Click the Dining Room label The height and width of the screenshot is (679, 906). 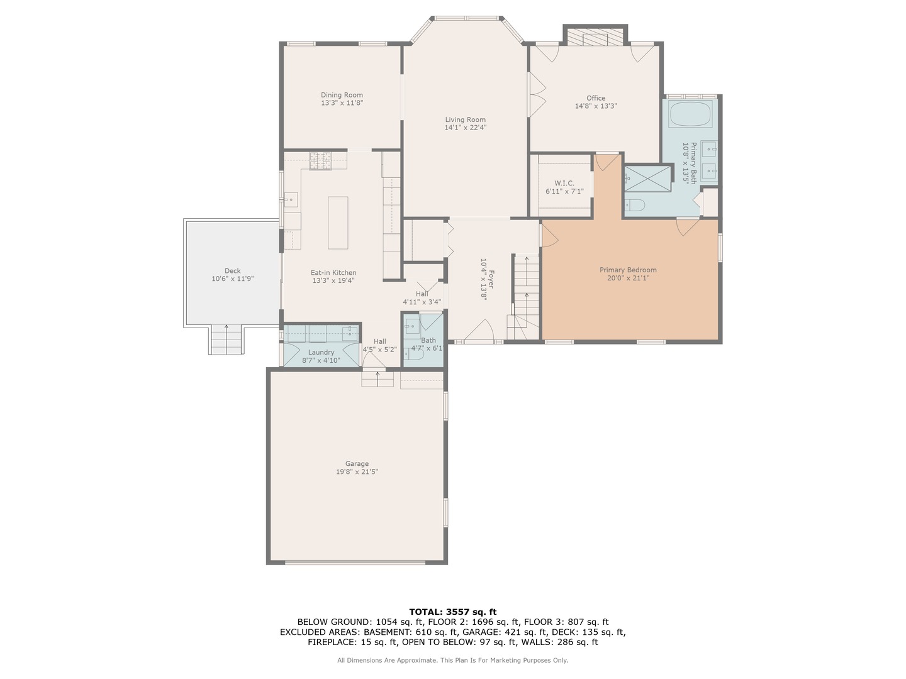[x=342, y=95]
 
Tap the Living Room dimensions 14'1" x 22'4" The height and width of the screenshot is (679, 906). [x=465, y=128]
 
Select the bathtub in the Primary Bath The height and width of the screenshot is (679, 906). [x=690, y=114]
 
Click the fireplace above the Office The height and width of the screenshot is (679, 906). [x=595, y=38]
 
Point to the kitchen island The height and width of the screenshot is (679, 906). [x=338, y=223]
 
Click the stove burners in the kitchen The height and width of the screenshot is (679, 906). [x=320, y=161]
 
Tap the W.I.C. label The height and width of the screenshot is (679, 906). [x=564, y=183]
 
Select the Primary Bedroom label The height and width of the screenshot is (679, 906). [x=627, y=270]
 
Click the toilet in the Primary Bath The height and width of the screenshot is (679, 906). [x=635, y=205]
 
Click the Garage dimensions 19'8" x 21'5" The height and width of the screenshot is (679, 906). [x=357, y=472]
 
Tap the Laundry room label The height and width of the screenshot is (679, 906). [x=321, y=352]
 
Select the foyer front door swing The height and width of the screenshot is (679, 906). [x=480, y=331]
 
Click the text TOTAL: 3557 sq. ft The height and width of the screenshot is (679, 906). [x=452, y=612]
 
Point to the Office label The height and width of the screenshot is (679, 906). [x=595, y=98]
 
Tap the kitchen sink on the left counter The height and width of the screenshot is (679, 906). [x=290, y=200]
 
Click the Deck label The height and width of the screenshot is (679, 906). [x=232, y=271]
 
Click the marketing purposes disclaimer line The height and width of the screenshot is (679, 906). [x=452, y=660]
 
